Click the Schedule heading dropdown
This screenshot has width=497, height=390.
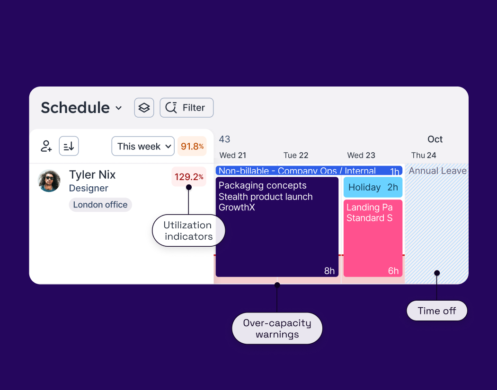click(x=81, y=108)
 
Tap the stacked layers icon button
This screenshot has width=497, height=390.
click(x=144, y=108)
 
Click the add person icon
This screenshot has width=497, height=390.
click(x=46, y=146)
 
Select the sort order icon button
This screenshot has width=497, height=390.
click(x=69, y=146)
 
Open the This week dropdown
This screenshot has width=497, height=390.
click(x=143, y=146)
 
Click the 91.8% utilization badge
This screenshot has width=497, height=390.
click(x=192, y=146)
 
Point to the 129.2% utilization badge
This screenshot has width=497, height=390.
click(x=188, y=177)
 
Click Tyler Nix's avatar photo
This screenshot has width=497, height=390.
click(x=49, y=181)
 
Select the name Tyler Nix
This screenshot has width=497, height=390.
click(x=92, y=174)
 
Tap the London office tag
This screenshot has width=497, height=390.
click(x=100, y=205)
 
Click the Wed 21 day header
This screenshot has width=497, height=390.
click(x=233, y=155)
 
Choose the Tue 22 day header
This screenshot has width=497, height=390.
click(x=296, y=155)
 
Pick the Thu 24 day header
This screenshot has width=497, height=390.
click(x=424, y=155)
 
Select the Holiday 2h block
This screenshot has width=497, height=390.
click(x=373, y=187)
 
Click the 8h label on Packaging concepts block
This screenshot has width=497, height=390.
click(x=329, y=271)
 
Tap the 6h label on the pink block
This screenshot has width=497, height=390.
click(x=393, y=271)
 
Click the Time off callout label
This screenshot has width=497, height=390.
click(x=437, y=311)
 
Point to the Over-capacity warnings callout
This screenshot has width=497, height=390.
click(x=277, y=329)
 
